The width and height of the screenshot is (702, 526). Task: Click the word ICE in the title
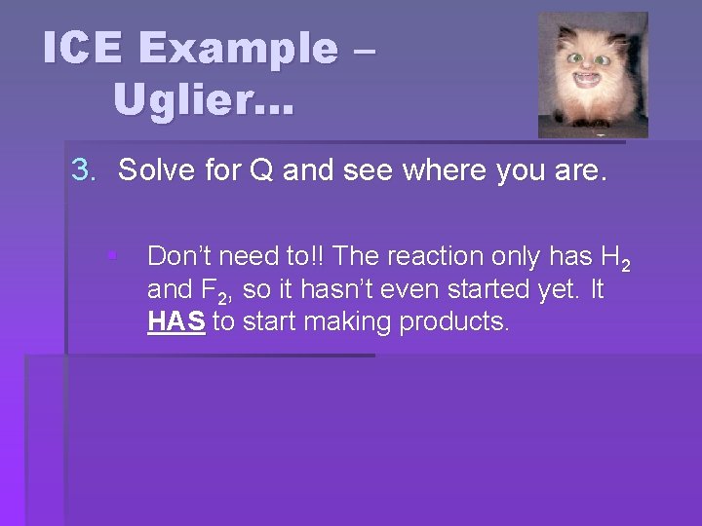(x=83, y=49)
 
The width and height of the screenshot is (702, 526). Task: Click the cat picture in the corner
(x=593, y=74)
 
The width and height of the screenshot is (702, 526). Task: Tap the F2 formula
(x=221, y=291)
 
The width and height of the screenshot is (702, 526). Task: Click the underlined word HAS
(x=175, y=321)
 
